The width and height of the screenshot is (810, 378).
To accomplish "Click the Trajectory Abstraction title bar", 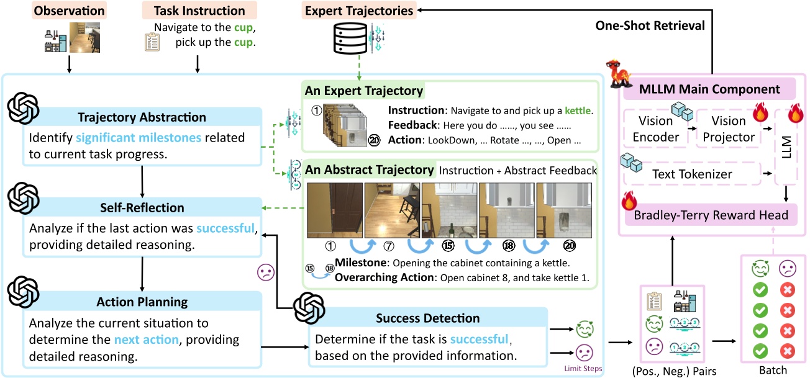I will click(x=142, y=117).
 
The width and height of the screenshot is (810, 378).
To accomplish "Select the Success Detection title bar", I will click(x=427, y=318).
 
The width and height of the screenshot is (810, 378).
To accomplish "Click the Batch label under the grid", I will click(x=772, y=371).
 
